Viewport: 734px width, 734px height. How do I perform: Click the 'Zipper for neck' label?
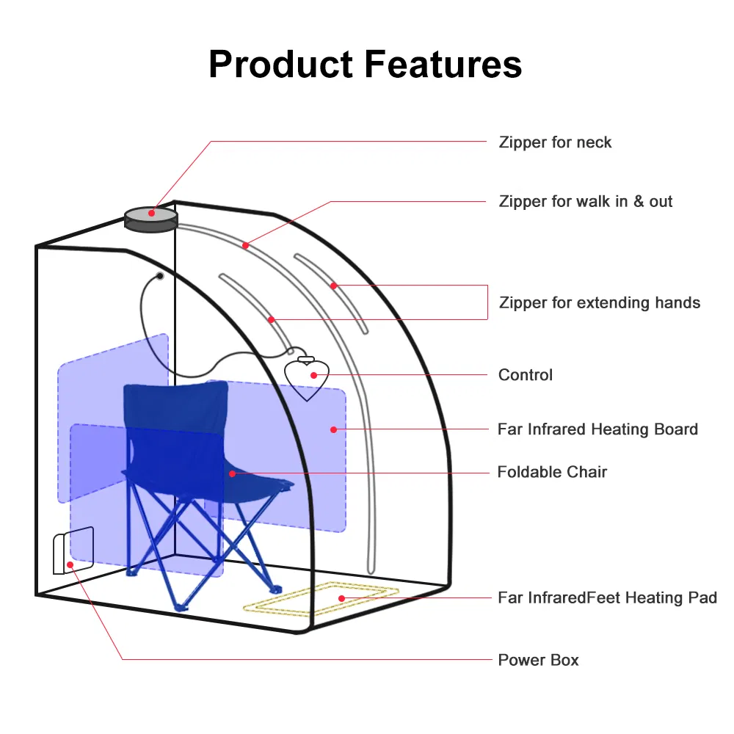pos(555,142)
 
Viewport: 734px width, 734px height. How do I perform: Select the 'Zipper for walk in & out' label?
pos(586,201)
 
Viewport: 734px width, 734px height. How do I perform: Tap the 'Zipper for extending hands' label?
pos(600,302)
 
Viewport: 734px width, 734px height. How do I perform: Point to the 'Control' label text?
pos(526,375)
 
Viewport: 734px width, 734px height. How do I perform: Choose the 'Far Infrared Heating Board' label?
pos(597,429)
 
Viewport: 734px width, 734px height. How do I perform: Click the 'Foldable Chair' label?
pos(552,472)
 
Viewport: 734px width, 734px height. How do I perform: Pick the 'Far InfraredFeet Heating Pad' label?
pos(607,598)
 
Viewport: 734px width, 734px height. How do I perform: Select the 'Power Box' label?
pos(538,660)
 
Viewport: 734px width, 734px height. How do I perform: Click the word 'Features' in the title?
pos(443,64)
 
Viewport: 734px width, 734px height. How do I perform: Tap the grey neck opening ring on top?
pos(151,218)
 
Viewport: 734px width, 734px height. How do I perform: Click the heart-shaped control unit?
pos(307,377)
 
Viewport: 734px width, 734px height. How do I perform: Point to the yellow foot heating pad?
pos(321,598)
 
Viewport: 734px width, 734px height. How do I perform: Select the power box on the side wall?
pos(73,550)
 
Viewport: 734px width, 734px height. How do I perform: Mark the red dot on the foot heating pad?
pos(341,598)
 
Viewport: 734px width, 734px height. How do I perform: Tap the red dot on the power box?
pos(70,564)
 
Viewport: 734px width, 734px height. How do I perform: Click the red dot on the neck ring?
pos(151,214)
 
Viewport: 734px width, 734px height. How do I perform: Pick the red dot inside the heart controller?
pos(314,375)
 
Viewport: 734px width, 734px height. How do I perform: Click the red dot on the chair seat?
pos(232,473)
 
